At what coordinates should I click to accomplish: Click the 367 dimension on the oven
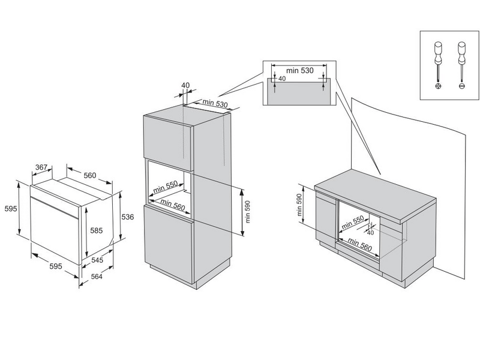(x=41, y=167)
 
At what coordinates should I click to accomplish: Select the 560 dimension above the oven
(x=89, y=175)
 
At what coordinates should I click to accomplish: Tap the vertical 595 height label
(x=9, y=209)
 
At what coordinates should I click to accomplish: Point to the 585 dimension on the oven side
(x=95, y=229)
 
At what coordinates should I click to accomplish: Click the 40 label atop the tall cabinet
(x=185, y=85)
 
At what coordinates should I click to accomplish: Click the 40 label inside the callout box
(x=282, y=79)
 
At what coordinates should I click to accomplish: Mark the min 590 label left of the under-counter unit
(x=299, y=205)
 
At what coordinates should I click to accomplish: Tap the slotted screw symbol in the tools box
(x=461, y=86)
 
